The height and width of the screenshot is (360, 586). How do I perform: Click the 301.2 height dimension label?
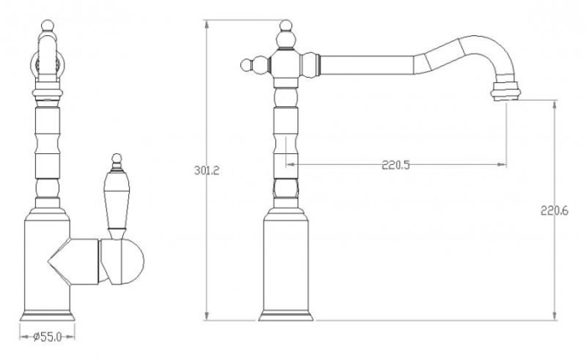click(207, 171)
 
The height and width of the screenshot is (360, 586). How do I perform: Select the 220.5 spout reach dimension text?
click(396, 165)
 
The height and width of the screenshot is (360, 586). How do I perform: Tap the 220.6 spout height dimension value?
click(554, 211)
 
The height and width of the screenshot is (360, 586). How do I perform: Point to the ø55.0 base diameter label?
click(47, 337)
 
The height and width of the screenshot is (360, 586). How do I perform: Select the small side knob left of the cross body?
click(247, 65)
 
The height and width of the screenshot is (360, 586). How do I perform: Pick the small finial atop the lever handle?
click(117, 160)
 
